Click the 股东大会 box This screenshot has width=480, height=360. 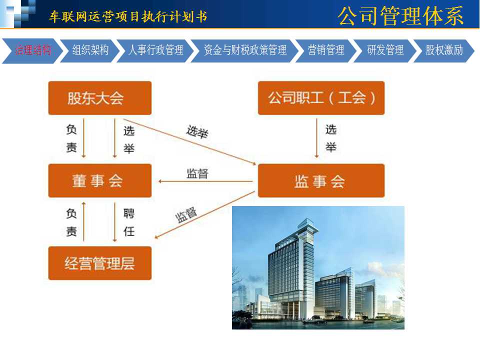pyautogui.click(x=100, y=98)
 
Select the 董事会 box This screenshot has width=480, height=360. pyautogui.click(x=100, y=180)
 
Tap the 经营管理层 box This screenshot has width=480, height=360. pyautogui.click(x=100, y=263)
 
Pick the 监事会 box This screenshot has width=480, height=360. pyautogui.click(x=321, y=180)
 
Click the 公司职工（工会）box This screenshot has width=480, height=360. pyautogui.click(x=321, y=98)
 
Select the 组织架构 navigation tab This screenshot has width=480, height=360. pyautogui.click(x=90, y=50)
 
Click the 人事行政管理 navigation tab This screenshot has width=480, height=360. pyautogui.click(x=156, y=50)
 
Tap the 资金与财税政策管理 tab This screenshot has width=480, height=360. pyautogui.click(x=245, y=50)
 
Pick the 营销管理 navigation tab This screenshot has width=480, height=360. pyautogui.click(x=325, y=50)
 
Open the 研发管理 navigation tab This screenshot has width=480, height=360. pyautogui.click(x=385, y=50)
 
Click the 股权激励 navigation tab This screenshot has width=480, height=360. pyautogui.click(x=444, y=50)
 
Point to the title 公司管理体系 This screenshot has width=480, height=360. pyautogui.click(x=400, y=16)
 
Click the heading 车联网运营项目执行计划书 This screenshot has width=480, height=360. pyautogui.click(x=128, y=16)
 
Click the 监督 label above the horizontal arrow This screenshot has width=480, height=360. pyautogui.click(x=197, y=173)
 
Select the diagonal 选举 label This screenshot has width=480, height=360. pyautogui.click(x=197, y=132)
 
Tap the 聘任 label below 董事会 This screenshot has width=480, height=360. pyautogui.click(x=129, y=222)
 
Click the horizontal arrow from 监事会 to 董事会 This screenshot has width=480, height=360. pyautogui.click(x=205, y=181)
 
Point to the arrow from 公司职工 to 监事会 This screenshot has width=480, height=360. pyautogui.click(x=317, y=138)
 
